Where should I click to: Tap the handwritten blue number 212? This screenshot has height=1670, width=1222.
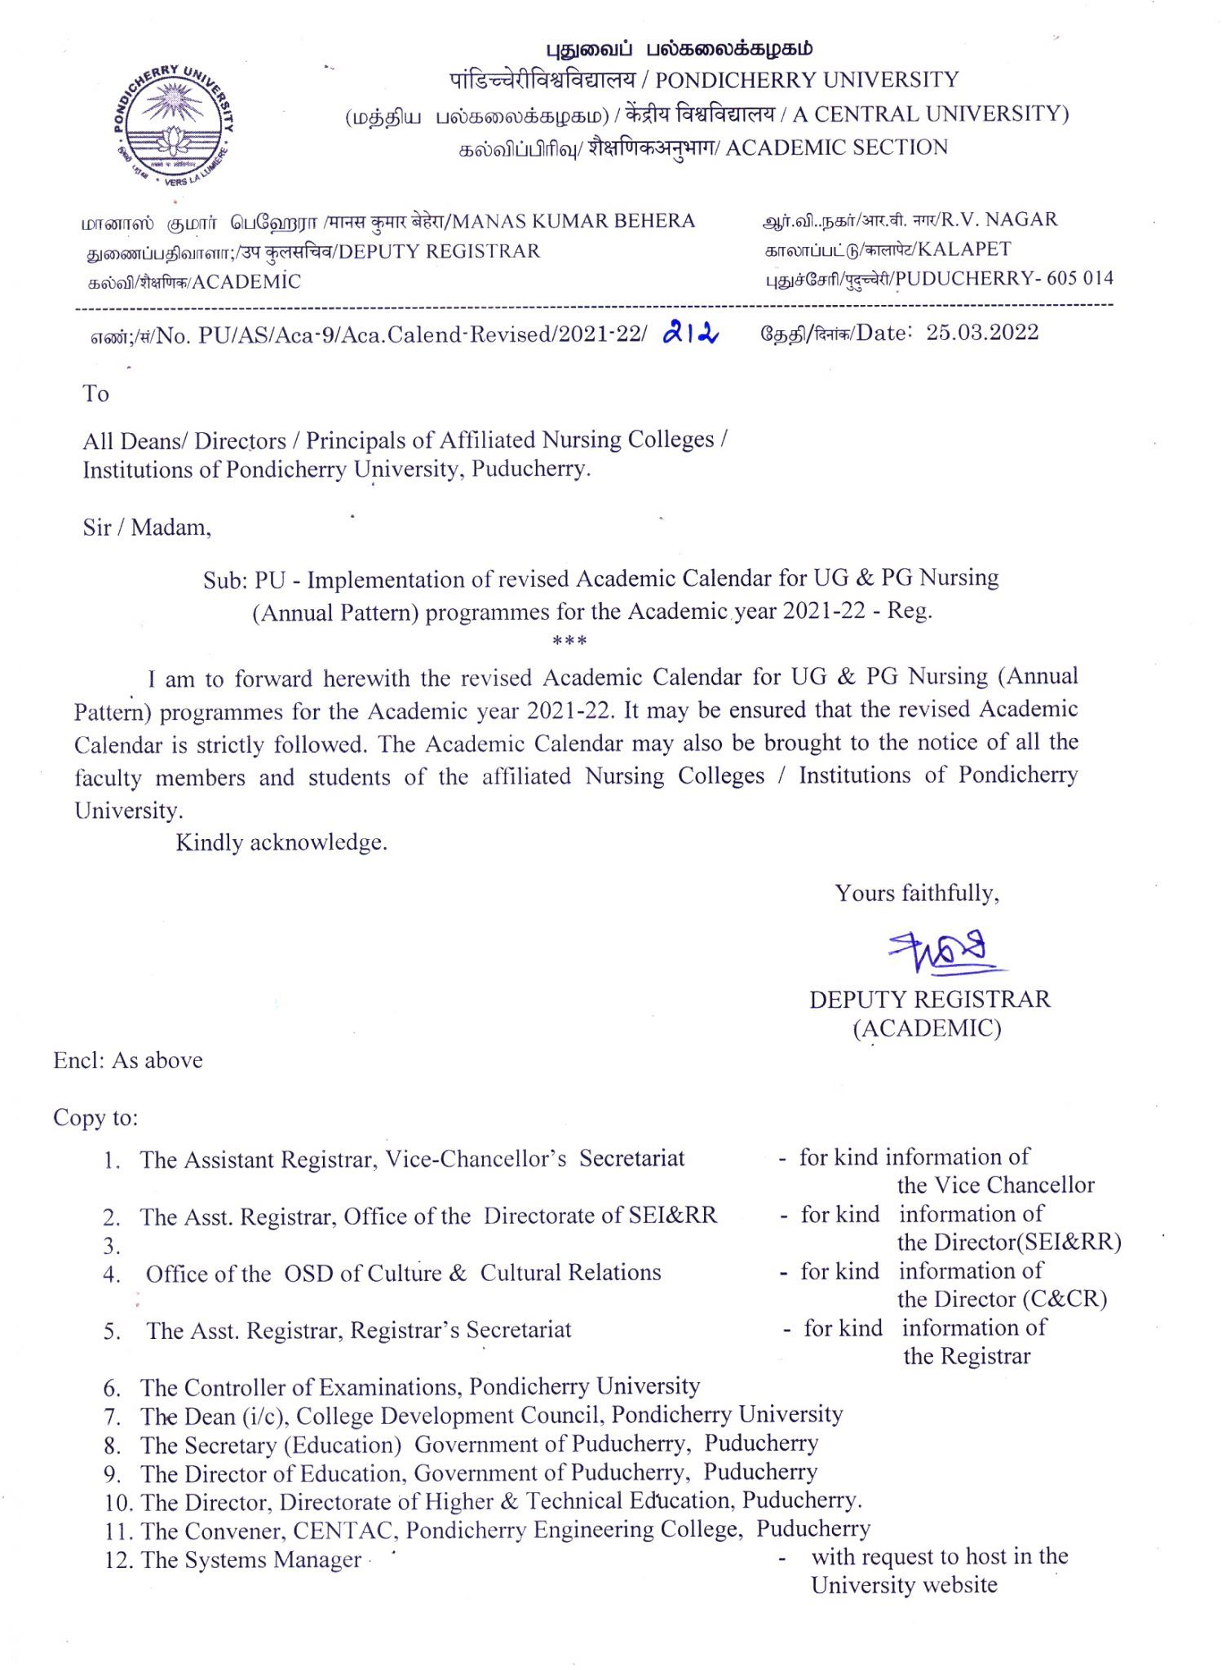tap(690, 332)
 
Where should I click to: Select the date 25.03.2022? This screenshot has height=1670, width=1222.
tap(982, 333)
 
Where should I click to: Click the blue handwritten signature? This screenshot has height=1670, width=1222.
tap(943, 952)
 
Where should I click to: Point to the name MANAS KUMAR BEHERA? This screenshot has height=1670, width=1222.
tap(573, 221)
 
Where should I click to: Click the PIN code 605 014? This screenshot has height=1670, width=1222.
tap(1080, 278)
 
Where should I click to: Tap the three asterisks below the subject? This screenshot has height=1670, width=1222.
tap(569, 642)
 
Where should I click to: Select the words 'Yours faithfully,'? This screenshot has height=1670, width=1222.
tap(917, 893)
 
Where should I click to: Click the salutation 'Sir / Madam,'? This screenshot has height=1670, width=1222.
tap(147, 528)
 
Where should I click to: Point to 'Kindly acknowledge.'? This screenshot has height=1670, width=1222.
tap(281, 842)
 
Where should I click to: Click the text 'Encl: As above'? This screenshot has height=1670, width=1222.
tap(128, 1060)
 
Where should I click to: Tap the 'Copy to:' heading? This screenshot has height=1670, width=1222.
tap(95, 1117)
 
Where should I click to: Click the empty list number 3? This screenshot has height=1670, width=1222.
tap(112, 1246)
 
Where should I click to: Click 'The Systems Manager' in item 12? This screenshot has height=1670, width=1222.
tap(250, 1560)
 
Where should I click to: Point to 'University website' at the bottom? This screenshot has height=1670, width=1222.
tap(904, 1585)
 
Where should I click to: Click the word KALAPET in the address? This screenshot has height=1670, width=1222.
tap(964, 249)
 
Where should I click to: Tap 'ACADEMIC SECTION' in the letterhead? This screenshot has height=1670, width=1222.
tap(837, 148)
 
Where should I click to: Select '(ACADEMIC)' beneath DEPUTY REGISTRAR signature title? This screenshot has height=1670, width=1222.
tap(927, 1028)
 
